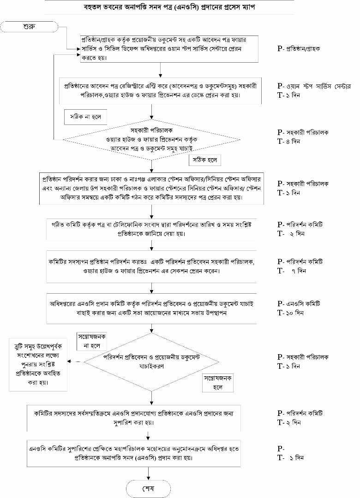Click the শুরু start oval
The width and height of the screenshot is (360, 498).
(30, 26)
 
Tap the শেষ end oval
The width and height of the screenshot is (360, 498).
(149, 488)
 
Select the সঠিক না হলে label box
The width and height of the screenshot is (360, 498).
(85, 117)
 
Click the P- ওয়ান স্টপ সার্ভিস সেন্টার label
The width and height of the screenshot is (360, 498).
(314, 86)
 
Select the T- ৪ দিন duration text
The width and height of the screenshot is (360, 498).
(289, 142)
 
